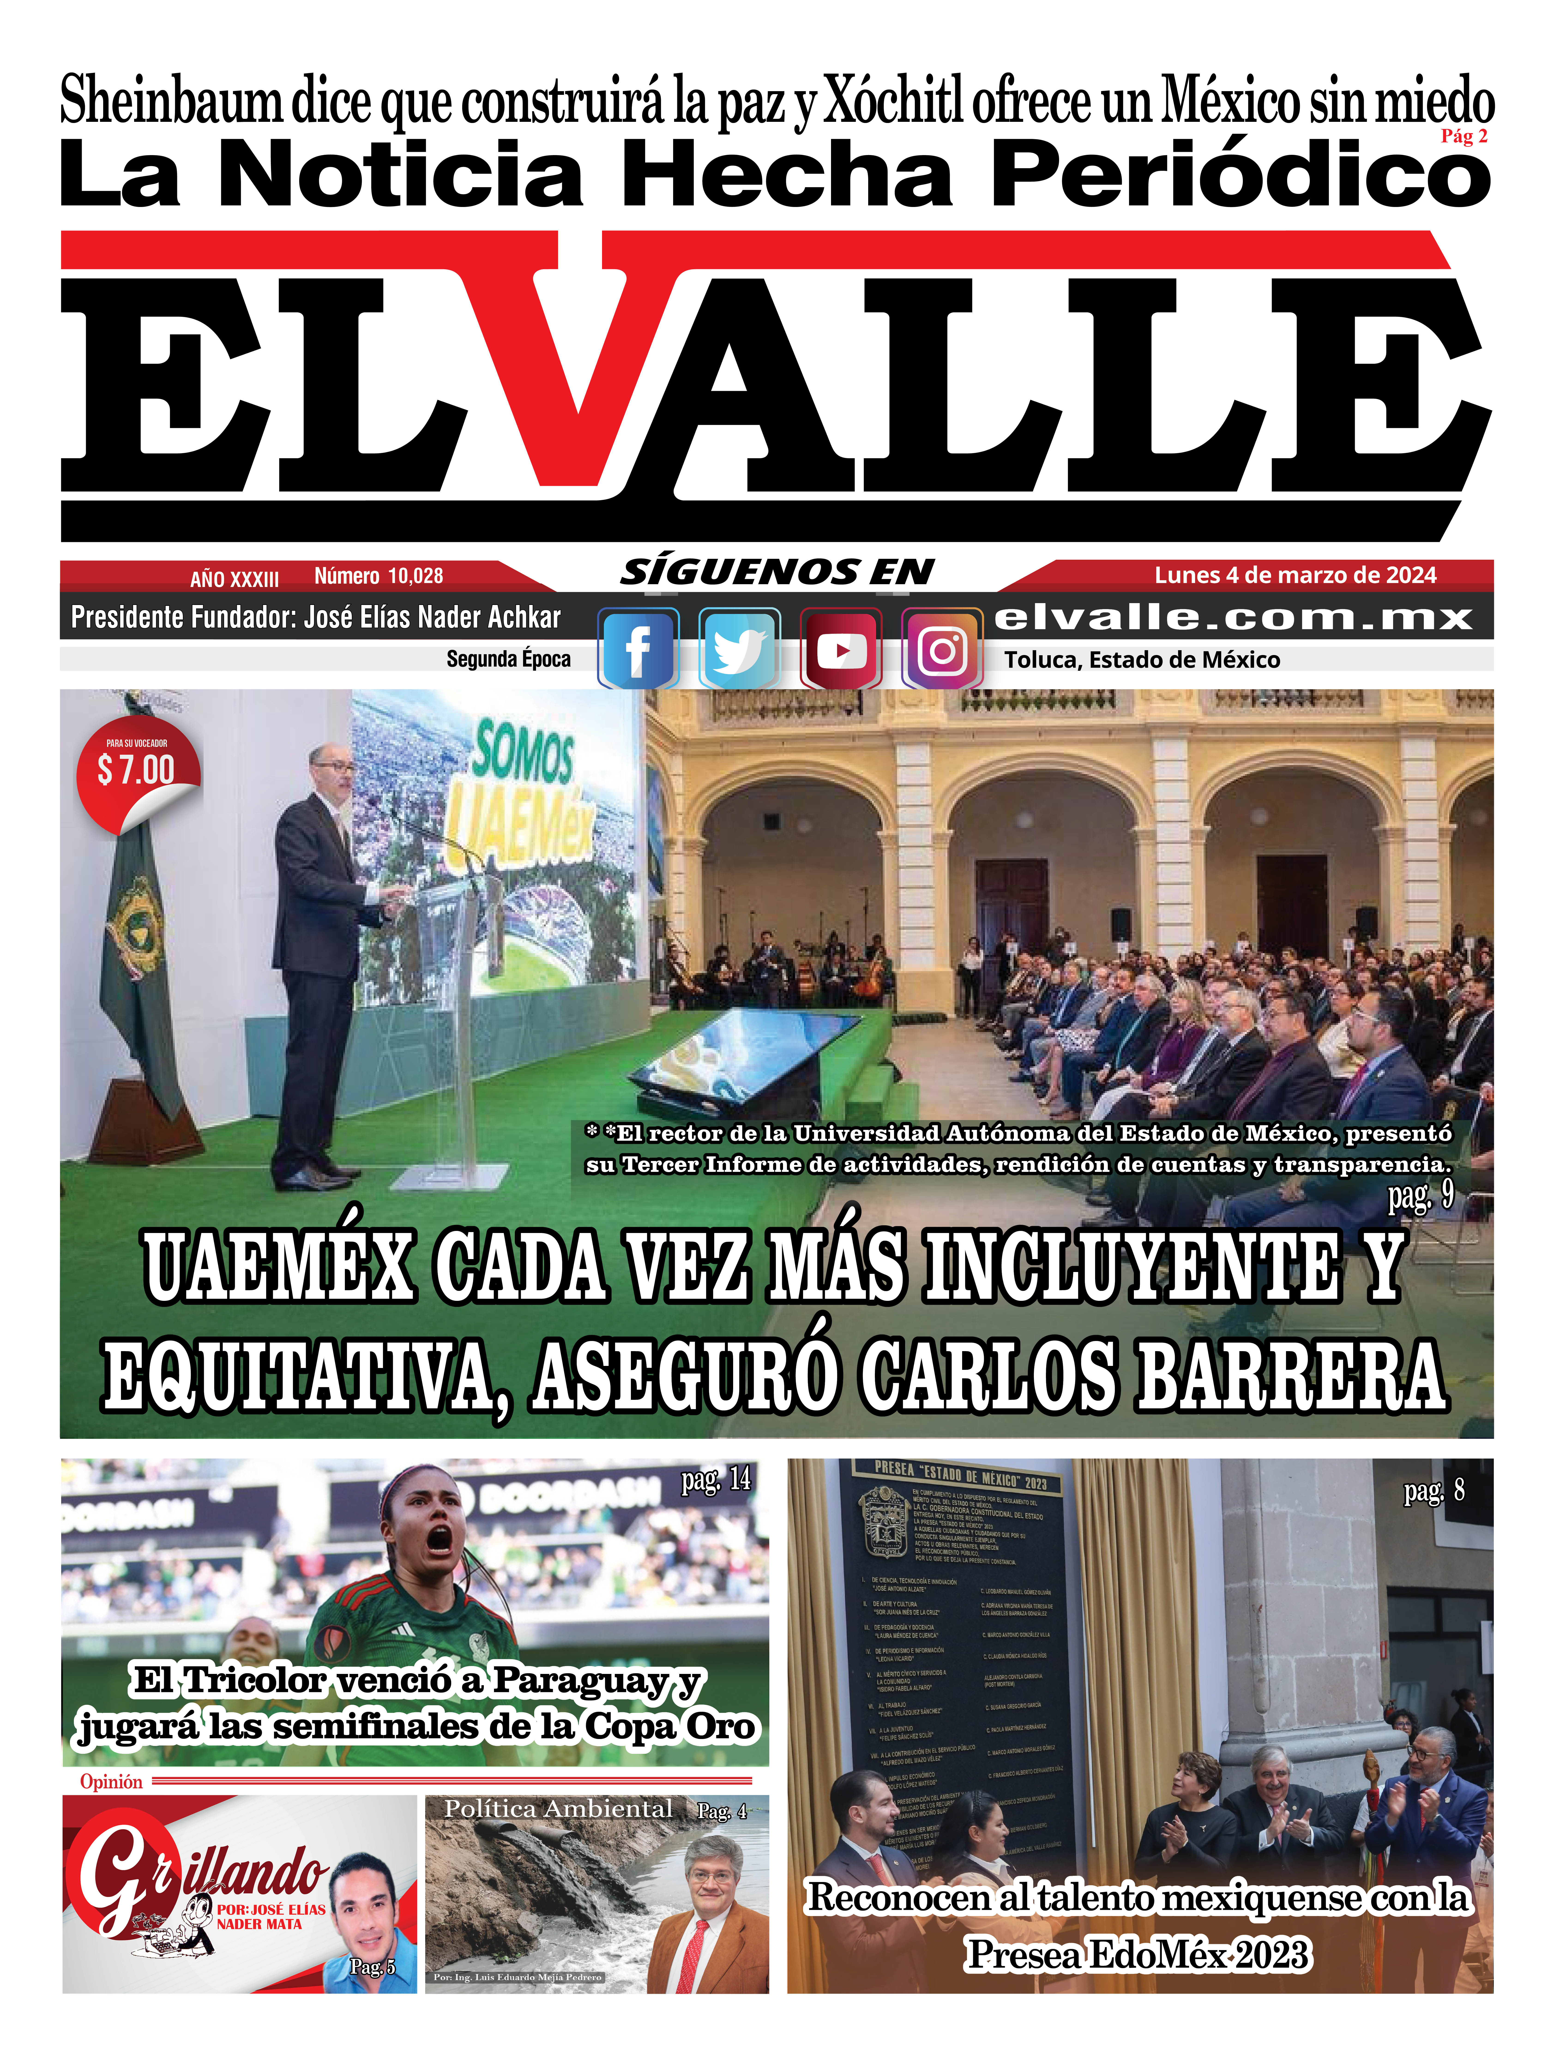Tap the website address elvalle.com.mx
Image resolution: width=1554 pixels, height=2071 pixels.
(1233, 617)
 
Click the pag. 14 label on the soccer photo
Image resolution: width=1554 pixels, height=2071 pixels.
(716, 1479)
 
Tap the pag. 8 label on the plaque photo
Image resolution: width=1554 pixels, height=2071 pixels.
(1433, 1490)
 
